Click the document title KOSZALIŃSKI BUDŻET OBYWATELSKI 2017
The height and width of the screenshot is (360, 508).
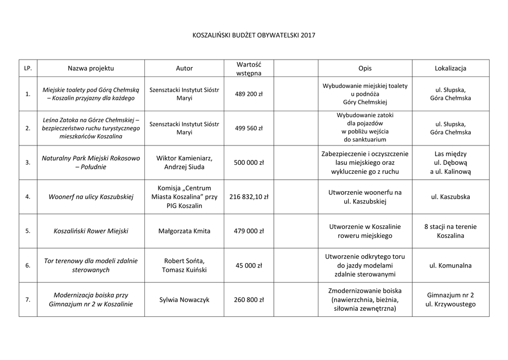(254, 35)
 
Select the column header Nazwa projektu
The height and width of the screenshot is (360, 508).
(91, 68)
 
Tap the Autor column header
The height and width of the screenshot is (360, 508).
(185, 68)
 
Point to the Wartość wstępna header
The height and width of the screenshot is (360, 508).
(249, 69)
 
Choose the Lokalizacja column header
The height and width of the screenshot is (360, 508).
(450, 68)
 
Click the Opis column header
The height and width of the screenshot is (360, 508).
(365, 68)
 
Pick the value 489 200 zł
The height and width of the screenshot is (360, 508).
(249, 93)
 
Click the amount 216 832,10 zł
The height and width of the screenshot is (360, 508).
(249, 197)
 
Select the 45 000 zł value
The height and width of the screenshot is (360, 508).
(249, 266)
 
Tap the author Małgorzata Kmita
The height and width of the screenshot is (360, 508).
(185, 231)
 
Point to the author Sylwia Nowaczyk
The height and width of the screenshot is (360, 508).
(185, 300)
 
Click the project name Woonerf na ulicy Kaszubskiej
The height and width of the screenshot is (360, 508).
(91, 197)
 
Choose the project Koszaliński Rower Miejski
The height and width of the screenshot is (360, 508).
(91, 231)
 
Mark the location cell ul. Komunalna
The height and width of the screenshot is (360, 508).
(450, 266)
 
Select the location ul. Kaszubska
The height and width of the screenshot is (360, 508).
(450, 197)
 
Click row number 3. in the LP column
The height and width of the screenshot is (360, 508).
(28, 162)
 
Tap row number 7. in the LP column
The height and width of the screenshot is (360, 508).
(28, 300)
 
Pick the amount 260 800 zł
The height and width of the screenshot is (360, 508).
(249, 300)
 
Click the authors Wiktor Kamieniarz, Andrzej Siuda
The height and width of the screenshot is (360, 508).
(185, 162)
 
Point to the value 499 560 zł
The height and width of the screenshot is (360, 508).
(249, 128)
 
